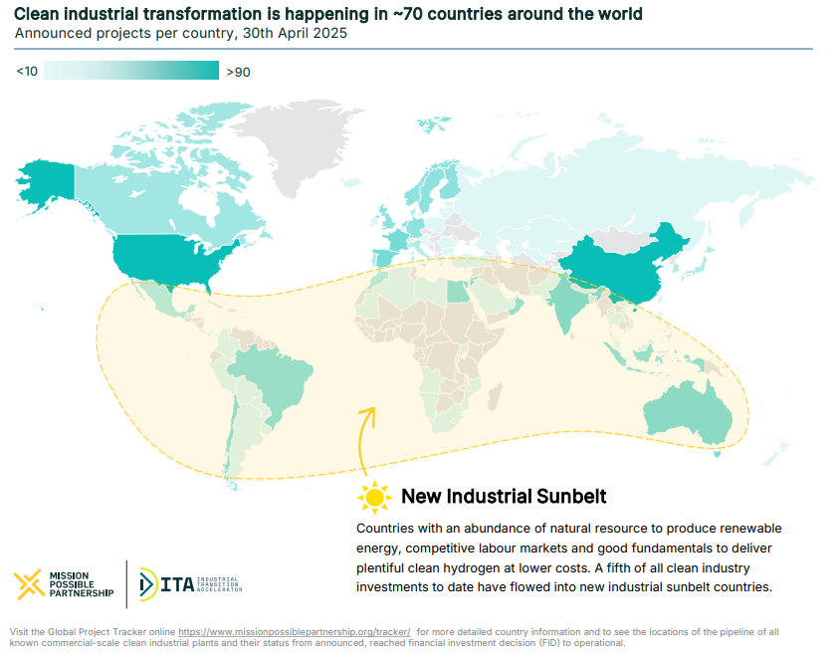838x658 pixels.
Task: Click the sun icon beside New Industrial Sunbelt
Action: pyautogui.click(x=374, y=496)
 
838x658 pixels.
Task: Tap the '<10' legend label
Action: pyautogui.click(x=27, y=72)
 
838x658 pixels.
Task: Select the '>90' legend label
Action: pyautogui.click(x=239, y=72)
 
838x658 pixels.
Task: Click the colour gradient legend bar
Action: pyautogui.click(x=131, y=71)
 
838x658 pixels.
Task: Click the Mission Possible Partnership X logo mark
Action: pyautogui.click(x=29, y=583)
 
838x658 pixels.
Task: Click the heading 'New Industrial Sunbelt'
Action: pyautogui.click(x=504, y=496)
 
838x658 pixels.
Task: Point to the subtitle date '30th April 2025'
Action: pyautogui.click(x=294, y=33)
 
